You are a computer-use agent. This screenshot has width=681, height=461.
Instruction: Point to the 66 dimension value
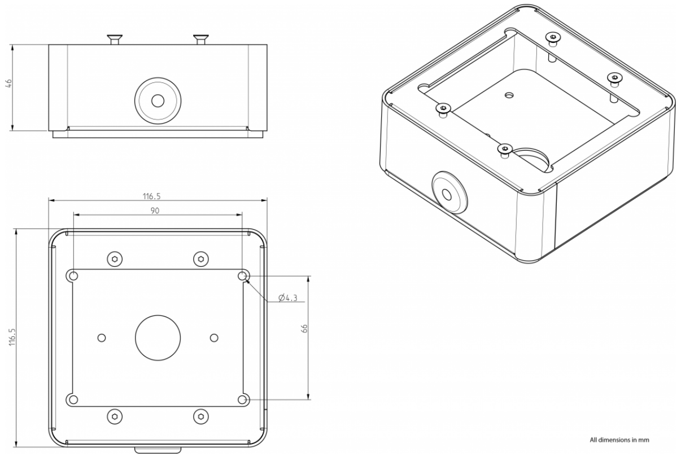point(304,329)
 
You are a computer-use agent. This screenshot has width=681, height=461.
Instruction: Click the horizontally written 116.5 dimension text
point(157,196)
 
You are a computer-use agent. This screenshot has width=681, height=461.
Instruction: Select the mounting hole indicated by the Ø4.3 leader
point(242,275)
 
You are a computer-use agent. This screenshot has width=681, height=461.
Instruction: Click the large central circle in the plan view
point(158,337)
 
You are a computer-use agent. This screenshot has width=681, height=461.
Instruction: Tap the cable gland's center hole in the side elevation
point(158,100)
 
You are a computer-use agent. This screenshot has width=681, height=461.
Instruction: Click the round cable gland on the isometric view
point(448,192)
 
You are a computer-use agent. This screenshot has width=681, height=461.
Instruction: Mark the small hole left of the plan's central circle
point(102,337)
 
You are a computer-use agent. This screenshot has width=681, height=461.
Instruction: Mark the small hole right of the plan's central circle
point(213,337)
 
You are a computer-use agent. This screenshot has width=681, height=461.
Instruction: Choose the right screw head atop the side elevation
point(200,39)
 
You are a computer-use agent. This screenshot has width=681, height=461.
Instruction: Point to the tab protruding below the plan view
point(158,450)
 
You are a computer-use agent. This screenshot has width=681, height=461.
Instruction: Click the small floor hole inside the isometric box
point(510,95)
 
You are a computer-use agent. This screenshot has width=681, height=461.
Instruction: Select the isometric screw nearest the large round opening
point(504,149)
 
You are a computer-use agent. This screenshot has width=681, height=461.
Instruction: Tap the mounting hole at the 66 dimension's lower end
point(242,399)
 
